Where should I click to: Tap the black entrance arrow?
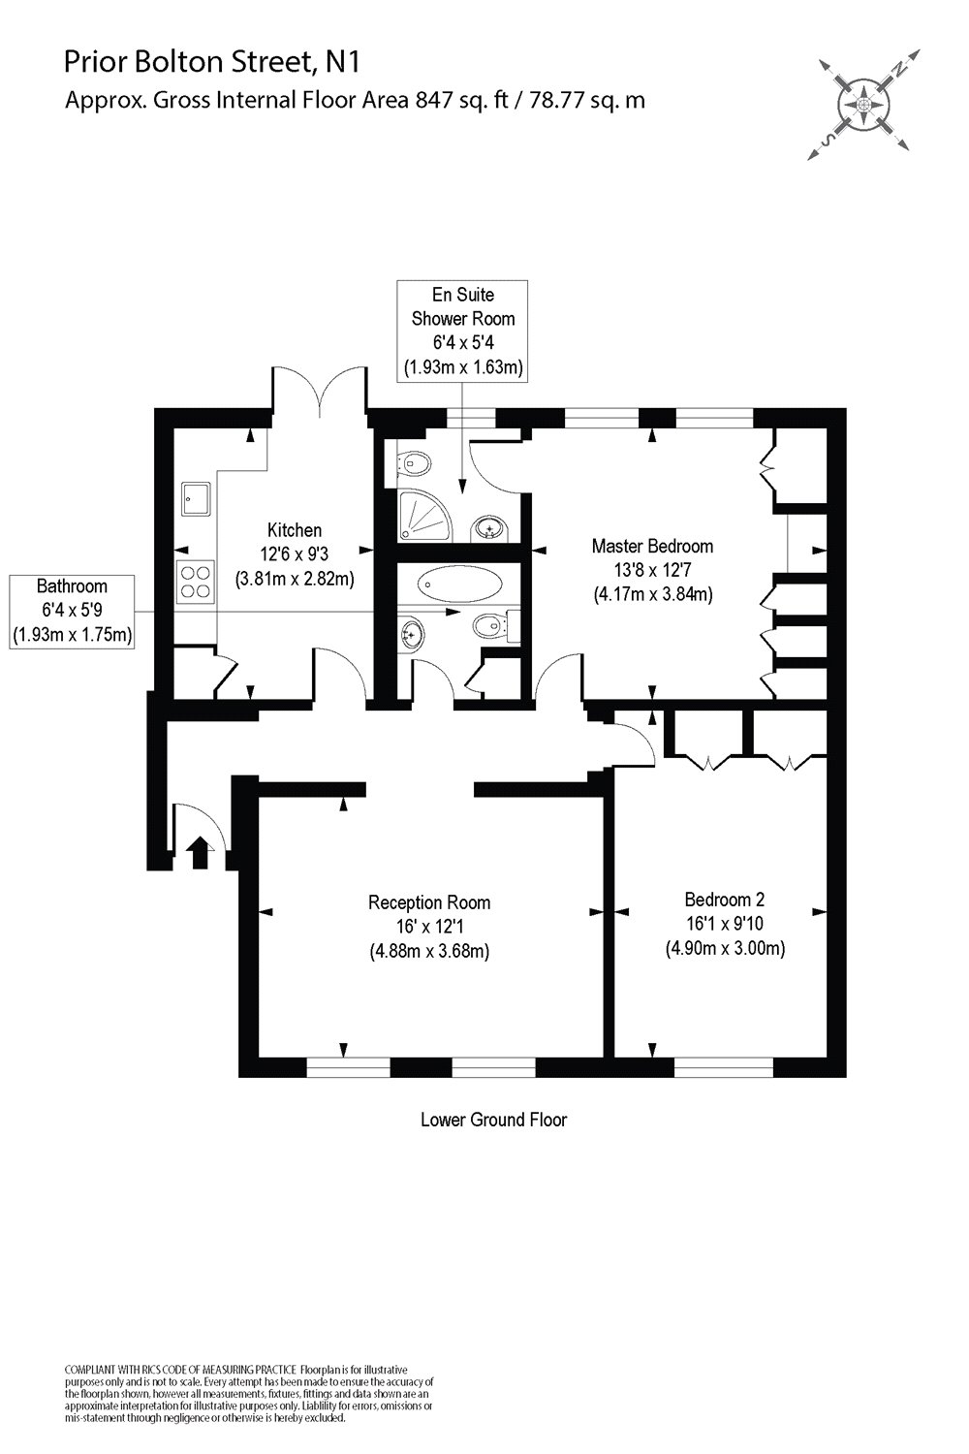[x=199, y=852]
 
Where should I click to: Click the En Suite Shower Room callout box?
[x=462, y=331]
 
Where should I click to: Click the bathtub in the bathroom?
[x=459, y=585]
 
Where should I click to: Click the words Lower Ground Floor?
[x=493, y=1120]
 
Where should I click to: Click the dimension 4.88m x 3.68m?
[x=429, y=951]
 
